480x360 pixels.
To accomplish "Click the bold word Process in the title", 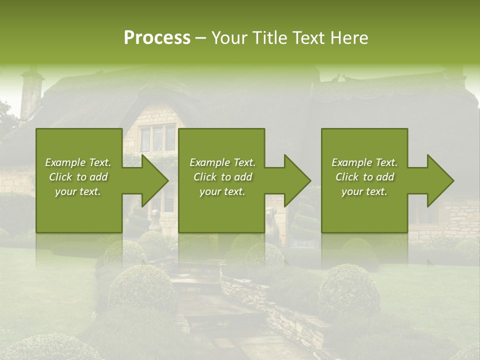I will pyautogui.click(x=157, y=38).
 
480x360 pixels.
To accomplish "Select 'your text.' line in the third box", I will pyautogui.click(x=364, y=191).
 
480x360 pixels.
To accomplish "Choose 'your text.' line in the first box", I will pyautogui.click(x=78, y=191).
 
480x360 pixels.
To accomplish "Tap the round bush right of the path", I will pyautogui.click(x=348, y=290).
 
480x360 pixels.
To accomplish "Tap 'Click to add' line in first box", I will pyautogui.click(x=78, y=177).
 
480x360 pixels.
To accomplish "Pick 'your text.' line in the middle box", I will pyautogui.click(x=222, y=191).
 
